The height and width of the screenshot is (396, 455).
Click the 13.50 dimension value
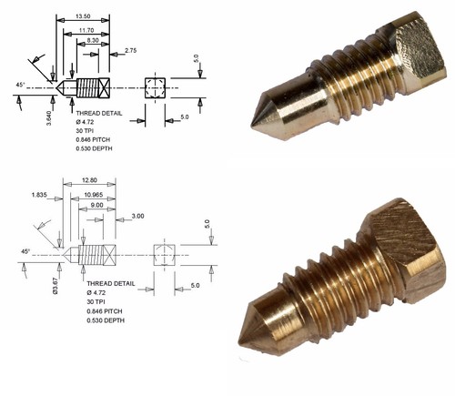pos(83,16)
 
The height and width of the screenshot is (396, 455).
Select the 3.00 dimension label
pos(136,216)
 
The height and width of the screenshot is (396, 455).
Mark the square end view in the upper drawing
pos(155,88)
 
